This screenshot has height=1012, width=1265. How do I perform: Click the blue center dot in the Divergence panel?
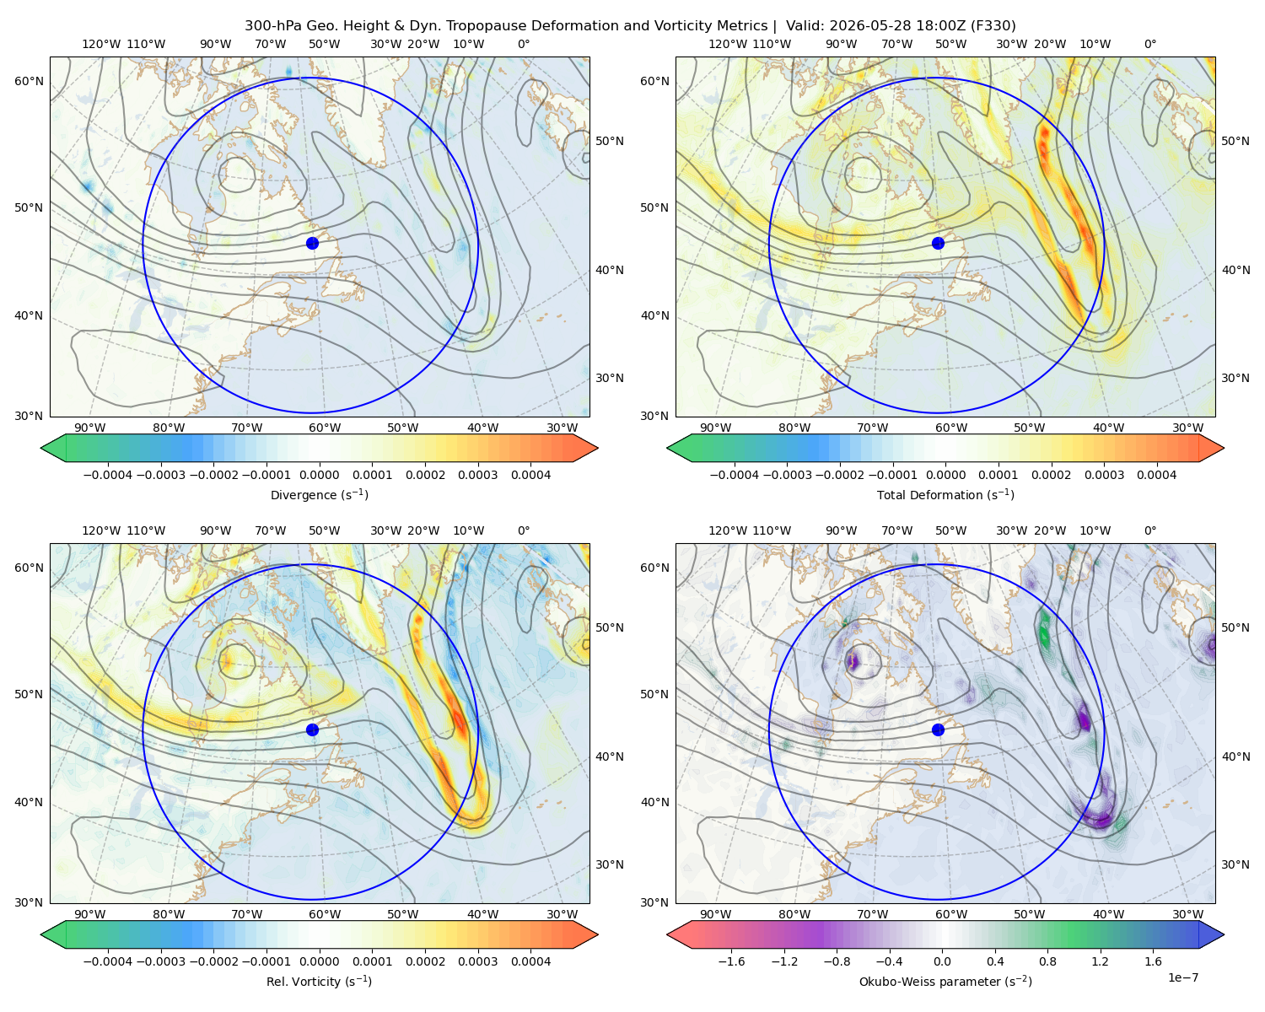click(312, 244)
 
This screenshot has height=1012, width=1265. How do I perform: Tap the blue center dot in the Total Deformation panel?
click(938, 244)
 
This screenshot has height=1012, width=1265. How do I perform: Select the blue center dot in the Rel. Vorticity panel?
click(312, 729)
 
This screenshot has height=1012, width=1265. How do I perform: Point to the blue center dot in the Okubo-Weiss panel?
click(938, 729)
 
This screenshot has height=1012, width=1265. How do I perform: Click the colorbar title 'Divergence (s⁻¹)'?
click(319, 495)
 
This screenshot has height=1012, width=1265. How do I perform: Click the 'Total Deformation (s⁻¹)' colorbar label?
click(945, 495)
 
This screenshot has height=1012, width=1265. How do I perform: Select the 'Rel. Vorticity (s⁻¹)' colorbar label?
click(319, 982)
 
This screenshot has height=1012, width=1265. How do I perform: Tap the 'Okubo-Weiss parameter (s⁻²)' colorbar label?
click(945, 982)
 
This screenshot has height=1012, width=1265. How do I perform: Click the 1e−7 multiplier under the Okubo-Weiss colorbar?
click(1182, 978)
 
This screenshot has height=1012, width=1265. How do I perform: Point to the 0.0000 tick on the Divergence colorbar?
click(319, 475)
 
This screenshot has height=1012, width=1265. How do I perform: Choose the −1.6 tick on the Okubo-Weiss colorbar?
click(731, 961)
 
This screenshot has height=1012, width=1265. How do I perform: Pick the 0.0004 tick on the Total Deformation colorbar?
click(1157, 475)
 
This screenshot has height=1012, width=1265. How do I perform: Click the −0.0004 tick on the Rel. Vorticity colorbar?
click(108, 961)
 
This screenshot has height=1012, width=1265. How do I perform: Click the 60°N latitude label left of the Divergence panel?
click(29, 81)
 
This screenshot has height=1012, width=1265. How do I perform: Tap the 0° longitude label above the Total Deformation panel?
click(1149, 44)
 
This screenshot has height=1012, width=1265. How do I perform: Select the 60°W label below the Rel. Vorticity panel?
click(325, 914)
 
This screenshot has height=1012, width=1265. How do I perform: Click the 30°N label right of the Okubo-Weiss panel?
click(1235, 864)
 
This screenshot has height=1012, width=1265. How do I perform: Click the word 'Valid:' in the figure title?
click(805, 26)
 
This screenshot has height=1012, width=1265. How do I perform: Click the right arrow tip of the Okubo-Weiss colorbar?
click(1224, 934)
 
